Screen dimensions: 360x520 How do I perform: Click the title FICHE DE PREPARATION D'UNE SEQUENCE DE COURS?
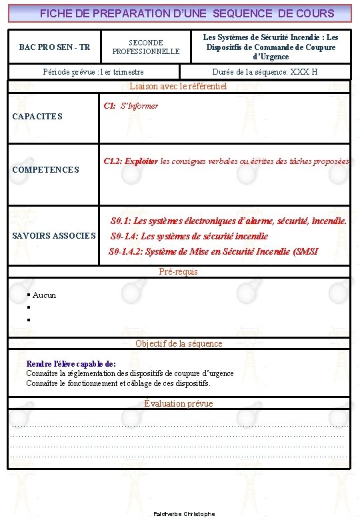click(187, 13)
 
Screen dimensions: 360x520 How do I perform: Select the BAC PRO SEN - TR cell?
click(55, 47)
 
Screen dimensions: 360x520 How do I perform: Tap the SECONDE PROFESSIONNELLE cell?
click(146, 47)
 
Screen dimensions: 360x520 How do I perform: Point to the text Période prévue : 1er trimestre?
click(93, 72)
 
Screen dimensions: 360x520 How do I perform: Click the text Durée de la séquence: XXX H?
click(265, 72)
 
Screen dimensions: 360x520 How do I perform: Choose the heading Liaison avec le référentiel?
click(179, 86)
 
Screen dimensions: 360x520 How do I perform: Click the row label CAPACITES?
click(37, 117)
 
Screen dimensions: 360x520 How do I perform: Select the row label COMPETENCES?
click(46, 170)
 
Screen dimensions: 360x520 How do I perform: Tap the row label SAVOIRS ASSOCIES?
click(54, 236)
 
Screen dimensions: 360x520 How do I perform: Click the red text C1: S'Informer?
click(131, 106)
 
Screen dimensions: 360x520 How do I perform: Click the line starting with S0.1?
click(228, 221)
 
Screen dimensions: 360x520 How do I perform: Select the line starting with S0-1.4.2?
click(213, 251)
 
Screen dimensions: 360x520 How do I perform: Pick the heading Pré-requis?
click(179, 272)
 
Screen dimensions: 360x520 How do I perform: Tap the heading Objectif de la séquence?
click(179, 343)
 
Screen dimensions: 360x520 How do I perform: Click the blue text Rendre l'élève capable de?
click(71, 364)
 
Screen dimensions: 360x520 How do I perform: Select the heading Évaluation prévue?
click(179, 403)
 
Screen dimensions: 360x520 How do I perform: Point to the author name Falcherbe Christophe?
click(184, 514)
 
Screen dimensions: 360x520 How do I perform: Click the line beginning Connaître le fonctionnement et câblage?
click(118, 383)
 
